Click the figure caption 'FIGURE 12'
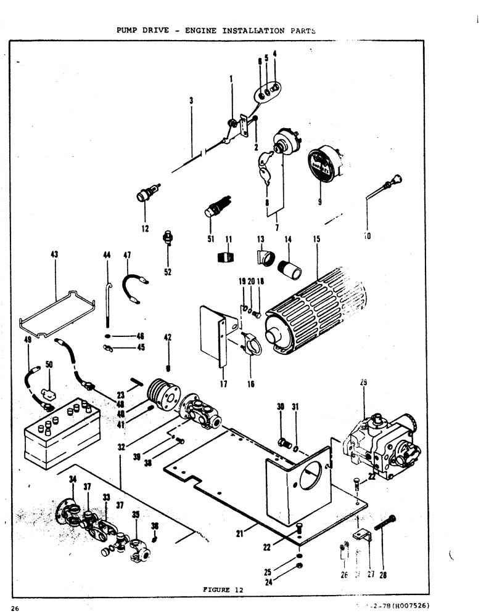pos(223,590)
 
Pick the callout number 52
pos(168,272)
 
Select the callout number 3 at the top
pos(191,100)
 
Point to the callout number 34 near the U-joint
pos(73,479)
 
